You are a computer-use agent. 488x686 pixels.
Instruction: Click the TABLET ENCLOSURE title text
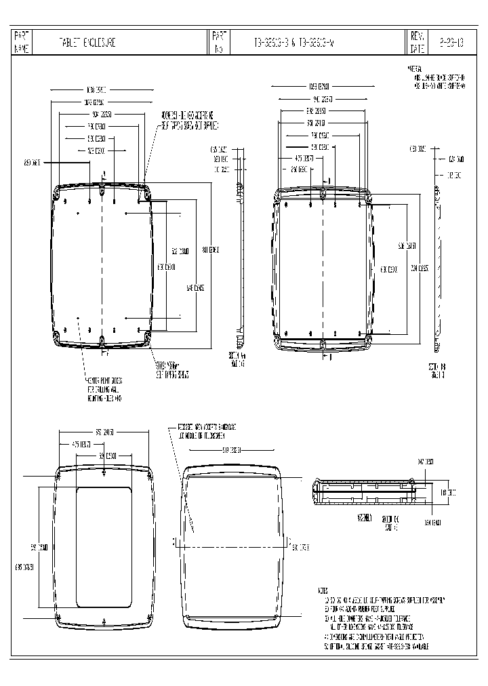[x=88, y=42]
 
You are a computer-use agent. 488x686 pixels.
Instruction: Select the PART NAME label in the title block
[x=22, y=42]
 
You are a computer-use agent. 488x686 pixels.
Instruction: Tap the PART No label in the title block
[x=218, y=42]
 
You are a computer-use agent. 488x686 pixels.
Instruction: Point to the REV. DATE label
[x=416, y=42]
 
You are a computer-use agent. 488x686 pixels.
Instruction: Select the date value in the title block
[x=451, y=42]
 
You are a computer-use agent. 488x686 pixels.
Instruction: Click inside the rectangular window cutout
[x=104, y=546]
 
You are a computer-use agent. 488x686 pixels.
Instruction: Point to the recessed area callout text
[x=207, y=431]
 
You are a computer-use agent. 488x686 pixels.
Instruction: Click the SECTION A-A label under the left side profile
[x=237, y=359]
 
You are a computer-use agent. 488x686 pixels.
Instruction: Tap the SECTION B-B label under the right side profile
[x=436, y=370]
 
